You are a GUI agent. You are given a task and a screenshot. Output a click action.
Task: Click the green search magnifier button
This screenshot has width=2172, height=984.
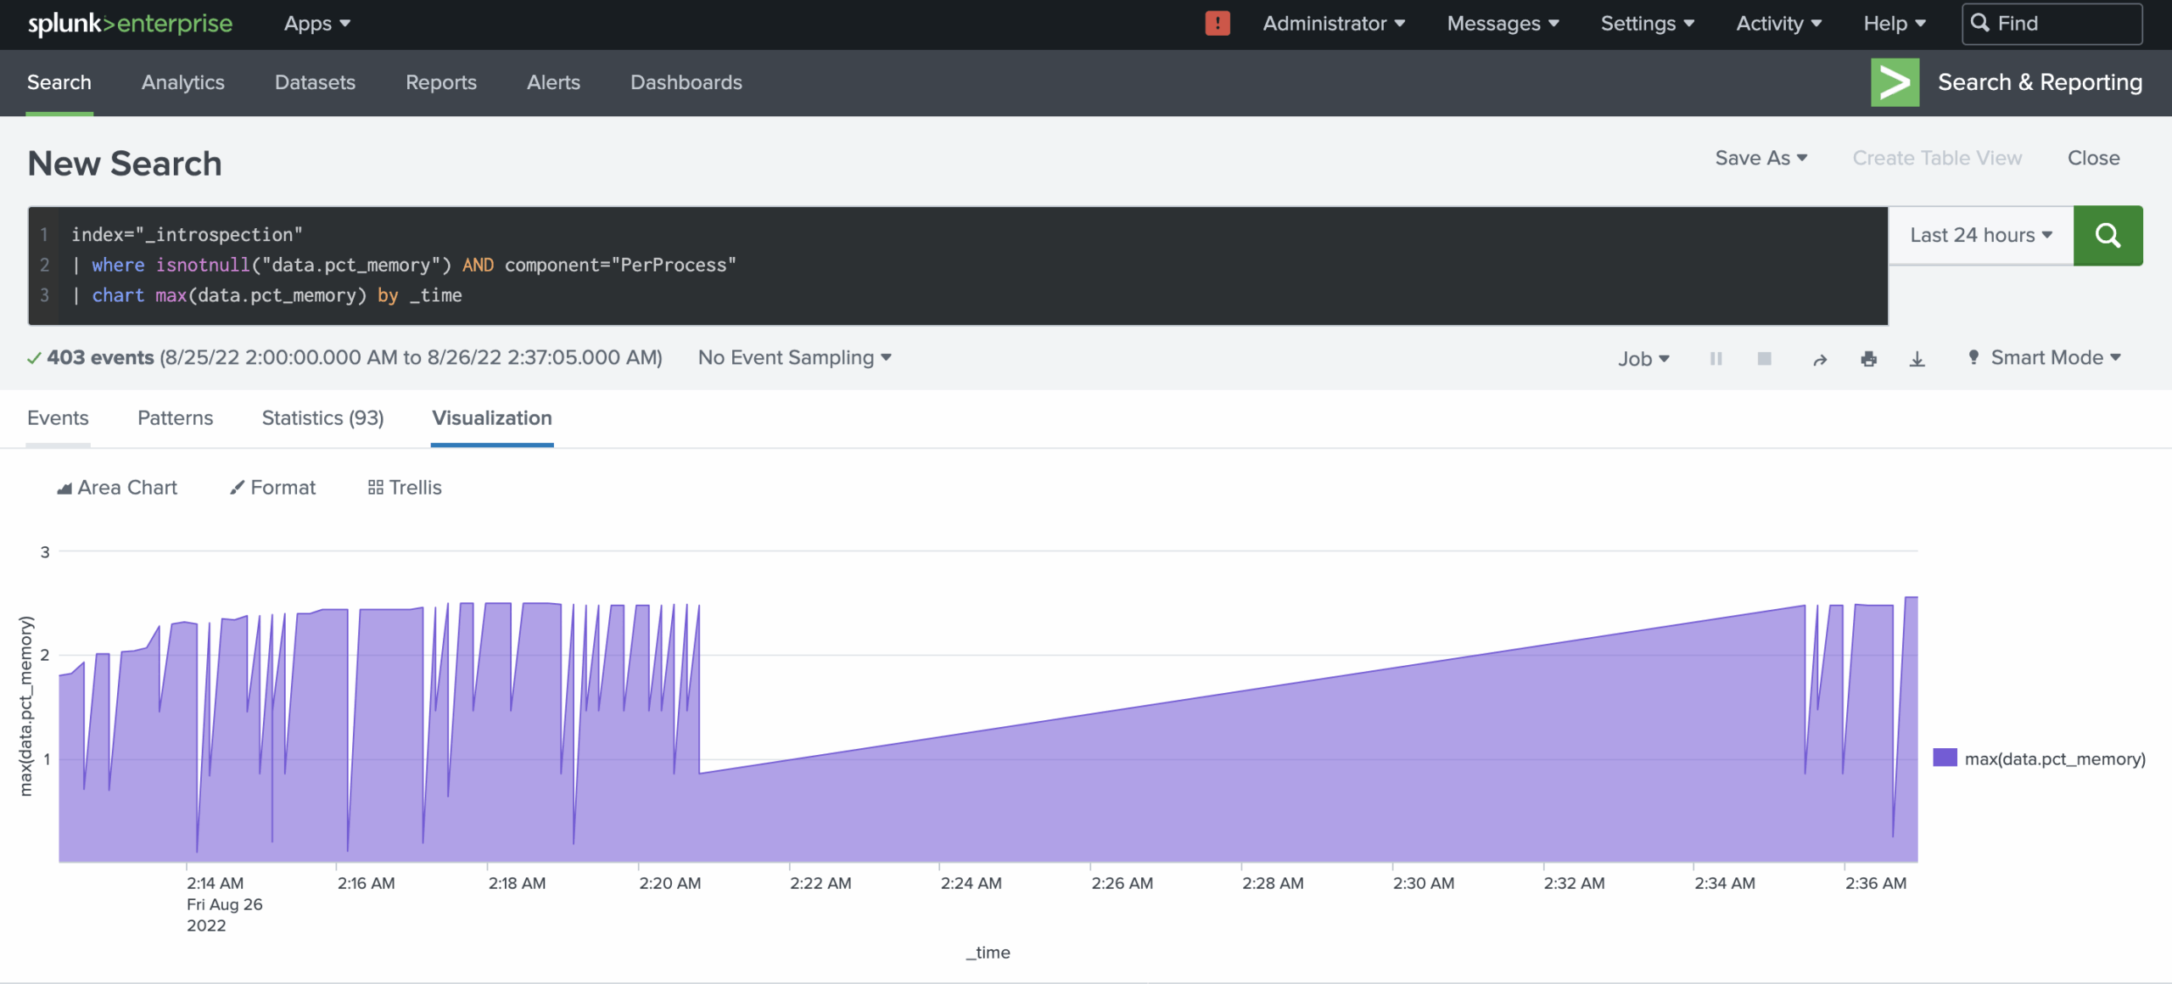pyautogui.click(x=2108, y=235)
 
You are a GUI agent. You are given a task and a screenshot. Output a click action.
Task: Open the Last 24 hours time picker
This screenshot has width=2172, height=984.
pyautogui.click(x=1980, y=235)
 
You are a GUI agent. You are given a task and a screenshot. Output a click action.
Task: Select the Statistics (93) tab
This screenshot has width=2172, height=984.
pyautogui.click(x=322, y=418)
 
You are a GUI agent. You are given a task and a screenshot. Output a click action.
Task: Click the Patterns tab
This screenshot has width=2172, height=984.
pyautogui.click(x=175, y=418)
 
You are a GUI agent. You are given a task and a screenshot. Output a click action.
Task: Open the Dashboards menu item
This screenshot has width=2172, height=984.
pyautogui.click(x=686, y=82)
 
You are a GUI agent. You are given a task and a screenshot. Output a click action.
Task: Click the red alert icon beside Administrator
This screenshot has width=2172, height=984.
pyautogui.click(x=1217, y=24)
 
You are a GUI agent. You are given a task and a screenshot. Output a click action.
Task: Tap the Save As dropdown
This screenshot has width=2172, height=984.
pyautogui.click(x=1761, y=158)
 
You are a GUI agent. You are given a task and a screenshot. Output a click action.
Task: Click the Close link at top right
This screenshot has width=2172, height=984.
pyautogui.click(x=2093, y=158)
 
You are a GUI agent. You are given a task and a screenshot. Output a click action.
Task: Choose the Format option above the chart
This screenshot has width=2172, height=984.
pyautogui.click(x=273, y=488)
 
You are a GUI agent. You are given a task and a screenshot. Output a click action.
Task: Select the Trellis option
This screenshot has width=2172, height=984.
pyautogui.click(x=405, y=488)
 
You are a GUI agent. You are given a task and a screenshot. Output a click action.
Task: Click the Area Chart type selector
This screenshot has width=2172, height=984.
pyautogui.click(x=117, y=488)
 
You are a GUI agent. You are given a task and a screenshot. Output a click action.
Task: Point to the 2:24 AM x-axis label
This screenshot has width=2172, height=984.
pyautogui.click(x=971, y=883)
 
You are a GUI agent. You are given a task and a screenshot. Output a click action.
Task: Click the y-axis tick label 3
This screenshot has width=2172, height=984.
pyautogui.click(x=45, y=552)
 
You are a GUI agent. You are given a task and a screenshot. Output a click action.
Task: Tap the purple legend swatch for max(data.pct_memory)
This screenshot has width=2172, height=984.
pyautogui.click(x=1945, y=758)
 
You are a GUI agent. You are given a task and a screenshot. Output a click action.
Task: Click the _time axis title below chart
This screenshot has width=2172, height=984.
pyautogui.click(x=988, y=953)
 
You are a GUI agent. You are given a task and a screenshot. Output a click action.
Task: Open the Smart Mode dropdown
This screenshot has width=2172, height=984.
pyautogui.click(x=2046, y=358)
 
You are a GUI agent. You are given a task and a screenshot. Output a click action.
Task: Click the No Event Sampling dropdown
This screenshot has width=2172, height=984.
pyautogui.click(x=794, y=358)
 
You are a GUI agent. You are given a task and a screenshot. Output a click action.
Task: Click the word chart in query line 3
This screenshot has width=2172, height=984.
pyautogui.click(x=118, y=295)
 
